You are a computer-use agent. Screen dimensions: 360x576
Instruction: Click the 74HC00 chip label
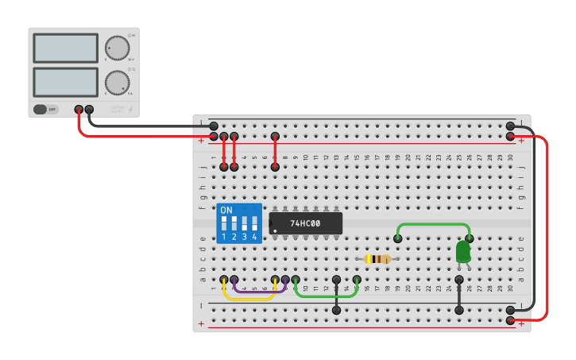305,224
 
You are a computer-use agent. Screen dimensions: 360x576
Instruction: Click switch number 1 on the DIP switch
224,223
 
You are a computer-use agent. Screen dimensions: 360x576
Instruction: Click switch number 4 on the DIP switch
254,223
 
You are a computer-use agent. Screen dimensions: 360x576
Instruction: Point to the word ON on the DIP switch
226,211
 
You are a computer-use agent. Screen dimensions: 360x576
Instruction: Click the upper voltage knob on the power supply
117,48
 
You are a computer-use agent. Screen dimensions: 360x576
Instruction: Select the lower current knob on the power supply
117,82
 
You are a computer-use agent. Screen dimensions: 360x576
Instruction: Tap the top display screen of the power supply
65,48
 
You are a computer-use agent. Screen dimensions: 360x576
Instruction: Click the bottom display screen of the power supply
65,82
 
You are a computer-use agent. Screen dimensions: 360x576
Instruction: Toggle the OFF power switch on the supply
45,110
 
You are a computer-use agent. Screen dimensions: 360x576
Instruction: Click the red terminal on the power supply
79,110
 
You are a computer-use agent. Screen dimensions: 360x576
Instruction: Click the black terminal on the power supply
89,110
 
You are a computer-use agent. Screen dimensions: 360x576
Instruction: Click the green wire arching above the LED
433,225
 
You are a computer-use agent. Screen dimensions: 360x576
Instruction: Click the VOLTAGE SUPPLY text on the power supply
117,108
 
